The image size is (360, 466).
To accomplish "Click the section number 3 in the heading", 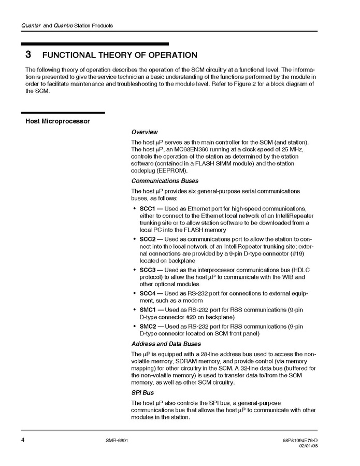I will [x=28, y=55].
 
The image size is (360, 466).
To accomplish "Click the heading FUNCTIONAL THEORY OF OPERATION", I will [x=119, y=55].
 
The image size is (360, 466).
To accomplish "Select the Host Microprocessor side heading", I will [x=57, y=121].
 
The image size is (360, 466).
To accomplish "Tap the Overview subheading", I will [x=145, y=132].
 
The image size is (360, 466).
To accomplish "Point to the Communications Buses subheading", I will [x=165, y=181].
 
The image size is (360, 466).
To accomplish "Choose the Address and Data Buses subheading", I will [x=166, y=344].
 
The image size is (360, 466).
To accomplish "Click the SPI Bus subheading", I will [x=143, y=392].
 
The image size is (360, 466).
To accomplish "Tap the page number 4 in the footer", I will [x=23, y=440].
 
